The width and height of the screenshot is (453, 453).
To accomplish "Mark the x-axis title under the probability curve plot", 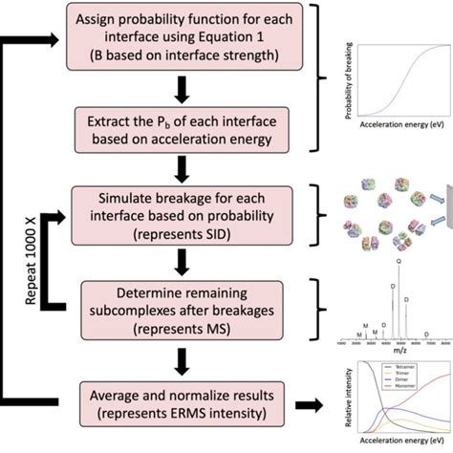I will click(397, 126).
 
